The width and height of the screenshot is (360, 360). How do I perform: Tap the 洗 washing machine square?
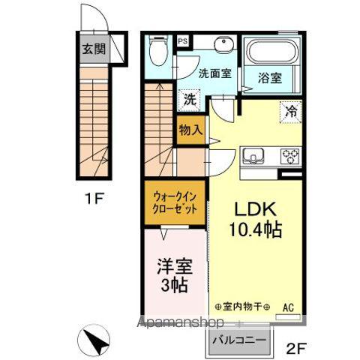pos(188,99)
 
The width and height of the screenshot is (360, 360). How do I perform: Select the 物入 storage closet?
pos(190,129)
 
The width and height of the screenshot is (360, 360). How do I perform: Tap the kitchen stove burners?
pos(290,156)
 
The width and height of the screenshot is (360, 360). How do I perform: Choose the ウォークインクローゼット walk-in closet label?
pos(173,204)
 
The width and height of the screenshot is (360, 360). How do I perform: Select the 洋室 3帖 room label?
pos(172,276)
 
